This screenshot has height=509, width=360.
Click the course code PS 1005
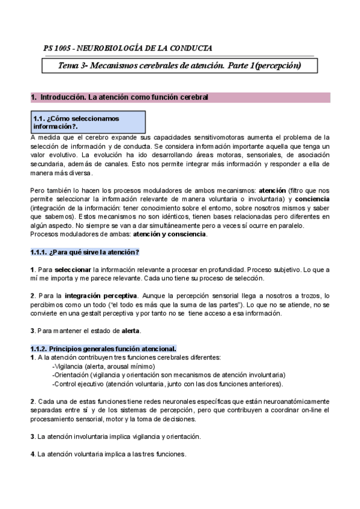pyautogui.click(x=58, y=48)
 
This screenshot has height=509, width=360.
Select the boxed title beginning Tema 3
pyautogui.click(x=178, y=65)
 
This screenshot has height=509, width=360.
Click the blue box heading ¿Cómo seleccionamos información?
pyautogui.click(x=77, y=122)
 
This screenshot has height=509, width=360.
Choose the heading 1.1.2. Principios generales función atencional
pyautogui.click(x=103, y=349)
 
